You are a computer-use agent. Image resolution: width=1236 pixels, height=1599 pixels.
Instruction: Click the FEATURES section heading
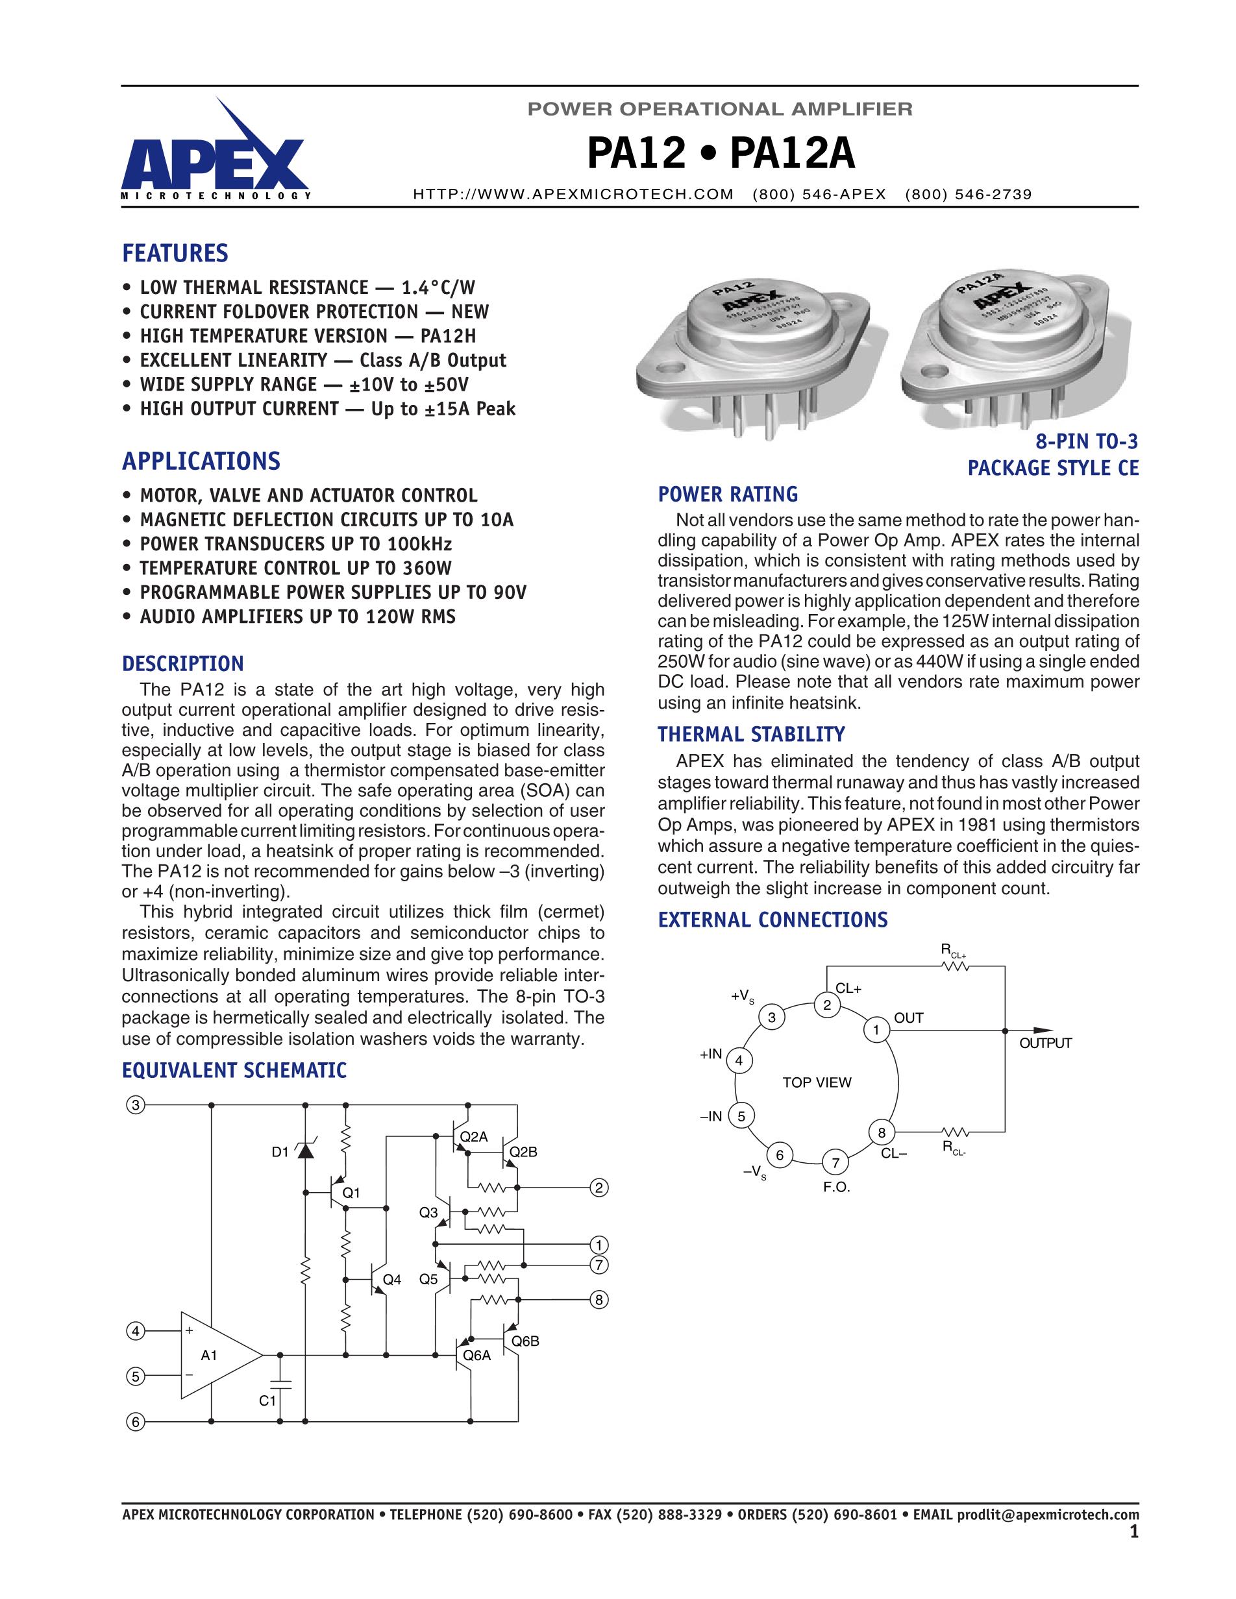[175, 253]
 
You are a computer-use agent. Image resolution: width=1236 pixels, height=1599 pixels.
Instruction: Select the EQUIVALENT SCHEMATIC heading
[234, 1070]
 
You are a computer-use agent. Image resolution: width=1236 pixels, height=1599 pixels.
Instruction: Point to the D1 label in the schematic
[280, 1153]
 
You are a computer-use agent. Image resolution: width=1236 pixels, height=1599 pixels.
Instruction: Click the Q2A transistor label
[474, 1137]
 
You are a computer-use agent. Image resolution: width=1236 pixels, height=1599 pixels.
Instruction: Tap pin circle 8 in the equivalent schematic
[599, 1300]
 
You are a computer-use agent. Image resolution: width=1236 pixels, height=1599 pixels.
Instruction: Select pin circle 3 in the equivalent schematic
[136, 1105]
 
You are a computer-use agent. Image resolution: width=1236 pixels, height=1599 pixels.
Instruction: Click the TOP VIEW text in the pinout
[817, 1082]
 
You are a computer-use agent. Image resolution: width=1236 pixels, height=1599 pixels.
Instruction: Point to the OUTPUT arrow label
[1046, 1044]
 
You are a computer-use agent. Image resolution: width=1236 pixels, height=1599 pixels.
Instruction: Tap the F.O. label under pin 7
[836, 1187]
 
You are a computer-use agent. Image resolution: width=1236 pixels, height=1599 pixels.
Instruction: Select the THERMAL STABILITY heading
[751, 735]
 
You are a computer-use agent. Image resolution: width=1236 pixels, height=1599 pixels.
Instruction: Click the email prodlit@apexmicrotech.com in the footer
[1048, 1515]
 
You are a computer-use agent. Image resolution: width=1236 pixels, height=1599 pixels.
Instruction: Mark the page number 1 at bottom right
[1134, 1532]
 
